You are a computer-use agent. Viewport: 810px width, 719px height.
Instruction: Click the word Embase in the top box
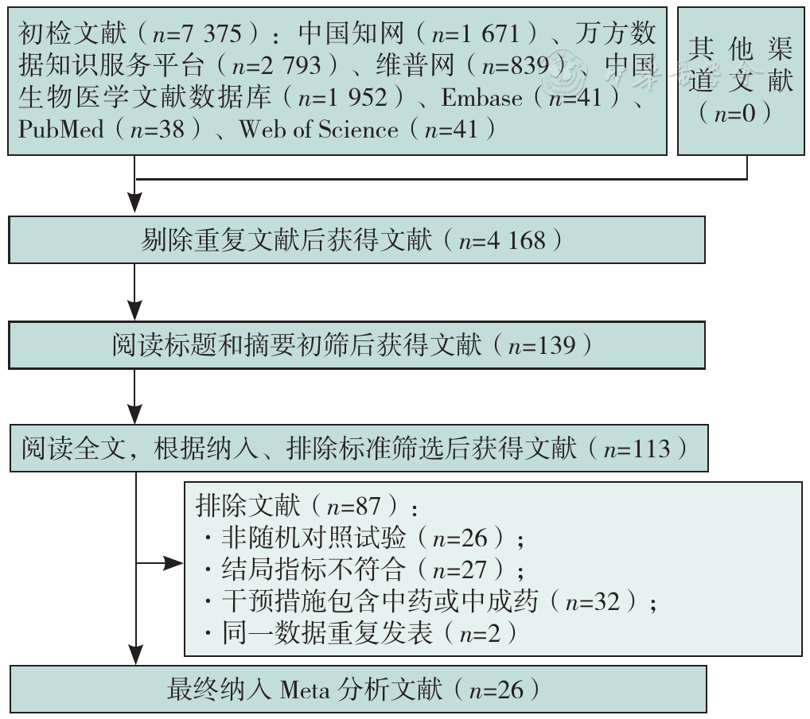click(x=481, y=98)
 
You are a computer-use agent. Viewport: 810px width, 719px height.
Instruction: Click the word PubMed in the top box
click(x=61, y=129)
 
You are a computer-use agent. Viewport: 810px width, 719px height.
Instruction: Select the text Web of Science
click(x=318, y=129)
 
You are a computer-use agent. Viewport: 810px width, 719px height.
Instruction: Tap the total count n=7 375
click(x=197, y=34)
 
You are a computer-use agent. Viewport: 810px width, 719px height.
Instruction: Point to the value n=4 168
click(x=502, y=241)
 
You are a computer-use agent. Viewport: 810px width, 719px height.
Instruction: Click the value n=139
click(x=542, y=345)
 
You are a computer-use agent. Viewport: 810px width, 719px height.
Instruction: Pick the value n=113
click(x=637, y=449)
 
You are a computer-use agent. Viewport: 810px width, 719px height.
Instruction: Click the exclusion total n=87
click(x=354, y=506)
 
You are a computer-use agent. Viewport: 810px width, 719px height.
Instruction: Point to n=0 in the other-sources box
click(x=734, y=113)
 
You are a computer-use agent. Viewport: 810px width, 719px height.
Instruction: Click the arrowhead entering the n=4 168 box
click(x=134, y=203)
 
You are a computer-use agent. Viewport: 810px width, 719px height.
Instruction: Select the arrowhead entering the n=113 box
click(x=134, y=414)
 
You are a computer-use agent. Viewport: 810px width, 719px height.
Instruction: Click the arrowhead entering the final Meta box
click(x=135, y=655)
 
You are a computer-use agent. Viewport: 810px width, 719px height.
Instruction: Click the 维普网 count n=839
click(x=515, y=65)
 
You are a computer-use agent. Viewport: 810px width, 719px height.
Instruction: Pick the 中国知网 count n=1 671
click(x=475, y=34)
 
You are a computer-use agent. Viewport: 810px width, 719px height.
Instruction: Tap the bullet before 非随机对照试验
click(x=208, y=538)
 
